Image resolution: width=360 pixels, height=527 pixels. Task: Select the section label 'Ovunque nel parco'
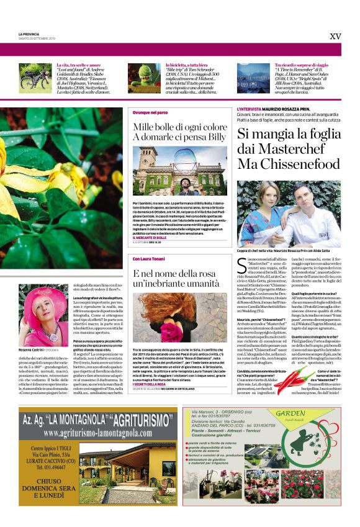tap(150, 113)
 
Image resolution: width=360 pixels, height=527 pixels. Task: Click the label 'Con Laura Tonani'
tap(149, 258)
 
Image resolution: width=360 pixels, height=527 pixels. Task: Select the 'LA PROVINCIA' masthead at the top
tap(29, 33)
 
